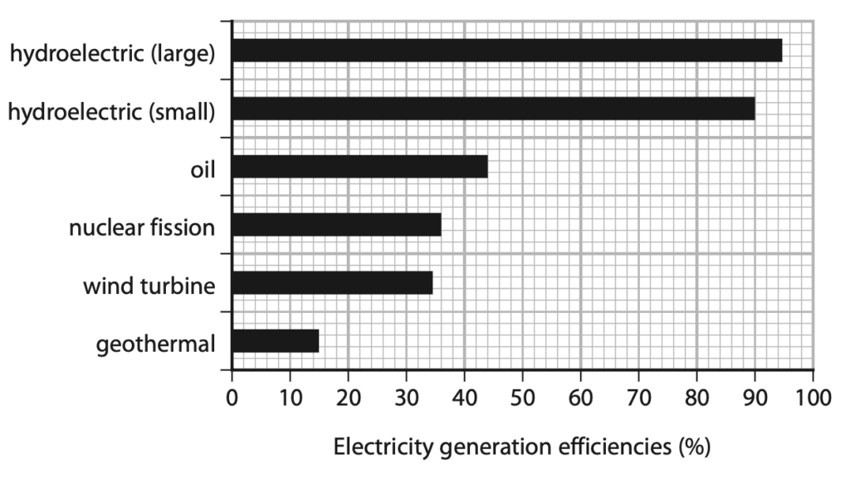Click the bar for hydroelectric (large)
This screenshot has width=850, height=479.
(506, 51)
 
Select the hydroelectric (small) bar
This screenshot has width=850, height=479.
(493, 109)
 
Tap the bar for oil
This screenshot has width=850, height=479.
(359, 167)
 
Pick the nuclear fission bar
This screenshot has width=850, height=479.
(336, 225)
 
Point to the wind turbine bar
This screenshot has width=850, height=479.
(332, 283)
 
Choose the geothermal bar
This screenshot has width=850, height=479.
(276, 341)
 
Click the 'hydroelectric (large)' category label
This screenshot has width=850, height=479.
(112, 55)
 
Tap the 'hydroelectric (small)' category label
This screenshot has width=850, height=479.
(111, 112)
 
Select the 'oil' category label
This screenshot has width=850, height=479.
(202, 170)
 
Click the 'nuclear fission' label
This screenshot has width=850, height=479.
(142, 227)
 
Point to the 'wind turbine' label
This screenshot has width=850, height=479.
(149, 286)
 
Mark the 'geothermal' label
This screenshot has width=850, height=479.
(156, 344)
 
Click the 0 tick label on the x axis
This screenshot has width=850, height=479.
(232, 396)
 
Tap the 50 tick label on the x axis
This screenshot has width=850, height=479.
(522, 396)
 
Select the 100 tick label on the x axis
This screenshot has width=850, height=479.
(813, 396)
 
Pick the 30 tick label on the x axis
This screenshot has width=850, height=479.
(406, 396)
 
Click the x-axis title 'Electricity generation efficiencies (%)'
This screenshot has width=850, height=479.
(521, 447)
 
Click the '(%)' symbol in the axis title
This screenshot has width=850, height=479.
(694, 447)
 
